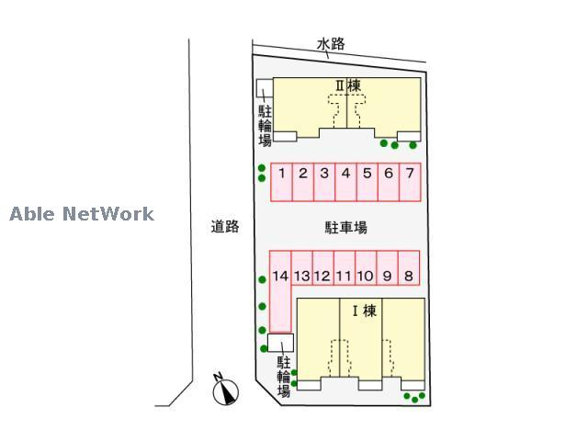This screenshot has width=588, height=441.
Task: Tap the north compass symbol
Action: [224, 392]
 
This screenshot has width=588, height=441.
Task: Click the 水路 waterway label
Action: [332, 43]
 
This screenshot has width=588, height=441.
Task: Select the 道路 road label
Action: [224, 226]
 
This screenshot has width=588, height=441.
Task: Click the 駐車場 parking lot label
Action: [345, 226]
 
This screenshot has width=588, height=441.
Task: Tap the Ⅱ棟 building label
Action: [346, 85]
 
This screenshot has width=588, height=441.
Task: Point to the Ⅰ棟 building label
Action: [364, 311]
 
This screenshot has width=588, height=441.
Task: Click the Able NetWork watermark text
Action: [82, 215]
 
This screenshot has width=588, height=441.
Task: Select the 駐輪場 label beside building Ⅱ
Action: [265, 126]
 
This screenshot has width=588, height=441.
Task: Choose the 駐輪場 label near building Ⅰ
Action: [284, 378]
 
